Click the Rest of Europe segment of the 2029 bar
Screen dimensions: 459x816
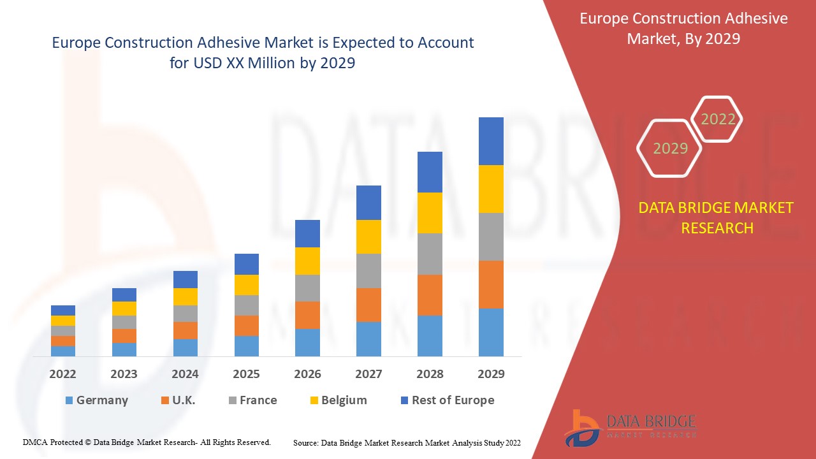(491, 141)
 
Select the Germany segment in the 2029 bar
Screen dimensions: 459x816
(491, 332)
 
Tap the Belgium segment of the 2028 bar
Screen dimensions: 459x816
(430, 212)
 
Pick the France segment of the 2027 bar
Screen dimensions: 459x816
(368, 271)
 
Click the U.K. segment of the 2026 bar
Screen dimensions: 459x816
(307, 315)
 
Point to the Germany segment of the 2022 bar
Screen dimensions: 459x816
(63, 351)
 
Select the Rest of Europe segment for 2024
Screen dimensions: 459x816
(186, 279)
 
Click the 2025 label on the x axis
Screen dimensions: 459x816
(246, 374)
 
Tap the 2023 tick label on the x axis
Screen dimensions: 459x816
(124, 374)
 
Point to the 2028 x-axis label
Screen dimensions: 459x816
(430, 374)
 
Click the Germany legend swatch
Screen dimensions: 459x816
(69, 400)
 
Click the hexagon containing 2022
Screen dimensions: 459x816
(718, 119)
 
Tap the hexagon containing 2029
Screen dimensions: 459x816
(669, 148)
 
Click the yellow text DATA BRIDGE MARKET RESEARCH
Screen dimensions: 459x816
(717, 217)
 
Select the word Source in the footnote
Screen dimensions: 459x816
(305, 442)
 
